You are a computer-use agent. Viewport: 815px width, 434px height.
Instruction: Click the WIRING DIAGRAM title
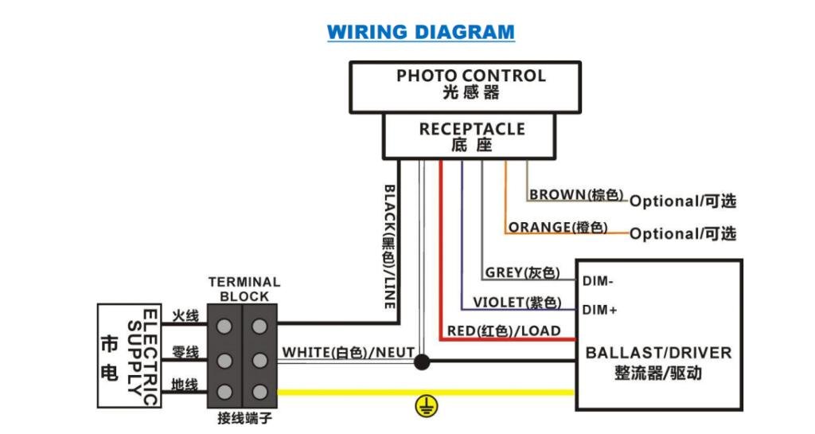click(421, 32)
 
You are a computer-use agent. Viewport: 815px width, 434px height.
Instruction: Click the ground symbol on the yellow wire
click(427, 406)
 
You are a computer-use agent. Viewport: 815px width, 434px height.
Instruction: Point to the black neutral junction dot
click(422, 362)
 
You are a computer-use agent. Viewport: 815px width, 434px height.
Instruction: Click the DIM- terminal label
click(598, 281)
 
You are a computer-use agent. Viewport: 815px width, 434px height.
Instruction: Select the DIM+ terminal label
click(600, 311)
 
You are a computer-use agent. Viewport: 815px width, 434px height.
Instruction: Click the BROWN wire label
click(576, 195)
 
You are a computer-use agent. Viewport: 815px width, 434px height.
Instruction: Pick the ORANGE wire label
click(558, 228)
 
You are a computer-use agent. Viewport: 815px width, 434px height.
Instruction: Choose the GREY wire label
click(522, 273)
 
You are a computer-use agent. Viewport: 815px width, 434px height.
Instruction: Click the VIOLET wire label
click(517, 303)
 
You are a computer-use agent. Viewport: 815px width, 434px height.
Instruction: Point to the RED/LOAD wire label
click(504, 331)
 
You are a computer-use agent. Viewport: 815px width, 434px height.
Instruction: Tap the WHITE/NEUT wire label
click(349, 353)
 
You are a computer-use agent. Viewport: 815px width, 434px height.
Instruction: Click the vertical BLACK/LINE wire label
click(389, 247)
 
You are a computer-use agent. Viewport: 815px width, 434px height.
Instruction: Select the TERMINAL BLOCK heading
click(244, 290)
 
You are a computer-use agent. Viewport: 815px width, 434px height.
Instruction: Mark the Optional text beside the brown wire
click(683, 201)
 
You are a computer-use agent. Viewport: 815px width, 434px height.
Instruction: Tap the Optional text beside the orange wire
click(683, 234)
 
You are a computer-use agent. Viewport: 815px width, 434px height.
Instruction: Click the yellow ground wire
click(427, 392)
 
